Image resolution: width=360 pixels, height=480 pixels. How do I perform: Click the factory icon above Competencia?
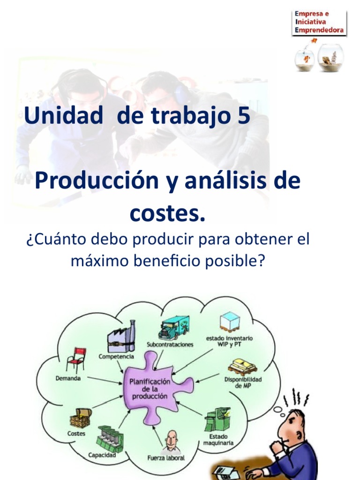121,336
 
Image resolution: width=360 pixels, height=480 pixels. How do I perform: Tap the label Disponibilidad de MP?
243,382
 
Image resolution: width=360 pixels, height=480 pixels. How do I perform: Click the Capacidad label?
102,455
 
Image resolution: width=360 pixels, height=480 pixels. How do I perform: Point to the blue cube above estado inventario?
230,323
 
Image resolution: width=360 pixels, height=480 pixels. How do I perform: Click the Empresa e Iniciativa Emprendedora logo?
319,22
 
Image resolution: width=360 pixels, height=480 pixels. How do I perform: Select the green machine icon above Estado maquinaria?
217,419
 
